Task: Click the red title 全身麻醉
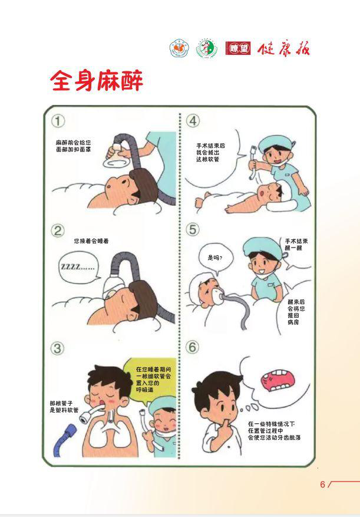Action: (97, 80)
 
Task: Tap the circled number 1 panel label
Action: (58, 121)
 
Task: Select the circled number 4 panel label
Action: (193, 121)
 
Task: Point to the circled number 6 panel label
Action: (192, 347)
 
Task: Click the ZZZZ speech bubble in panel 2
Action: (79, 267)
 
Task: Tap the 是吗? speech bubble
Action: (216, 259)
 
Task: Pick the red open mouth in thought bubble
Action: (276, 380)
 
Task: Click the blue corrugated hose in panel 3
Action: (65, 439)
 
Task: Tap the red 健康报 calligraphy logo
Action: (283, 49)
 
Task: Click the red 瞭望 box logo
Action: (238, 48)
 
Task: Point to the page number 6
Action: (322, 485)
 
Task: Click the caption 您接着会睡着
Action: (91, 241)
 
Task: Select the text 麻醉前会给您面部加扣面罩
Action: (73, 146)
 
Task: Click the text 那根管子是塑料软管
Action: (64, 407)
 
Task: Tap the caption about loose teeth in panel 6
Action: (275, 430)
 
